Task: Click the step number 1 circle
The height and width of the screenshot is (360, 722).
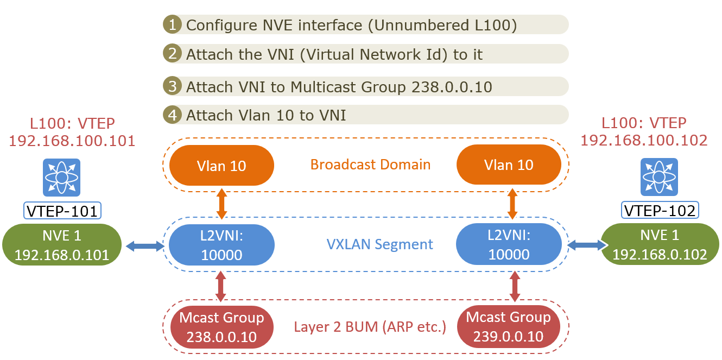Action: (x=172, y=24)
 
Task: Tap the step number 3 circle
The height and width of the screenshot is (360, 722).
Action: (x=172, y=86)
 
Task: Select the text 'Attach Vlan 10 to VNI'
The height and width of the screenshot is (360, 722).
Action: (x=266, y=115)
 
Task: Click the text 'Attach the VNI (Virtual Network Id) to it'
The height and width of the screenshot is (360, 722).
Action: (x=334, y=54)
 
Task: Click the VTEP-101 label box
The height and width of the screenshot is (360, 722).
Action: (x=62, y=210)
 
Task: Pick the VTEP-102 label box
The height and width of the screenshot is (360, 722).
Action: (x=660, y=210)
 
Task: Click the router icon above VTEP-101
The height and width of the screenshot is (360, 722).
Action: (x=62, y=178)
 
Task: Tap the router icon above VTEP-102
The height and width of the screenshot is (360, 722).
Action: (x=659, y=178)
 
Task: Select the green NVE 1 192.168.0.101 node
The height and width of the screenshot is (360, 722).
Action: (x=62, y=245)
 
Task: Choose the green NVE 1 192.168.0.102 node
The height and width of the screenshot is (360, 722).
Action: (x=660, y=245)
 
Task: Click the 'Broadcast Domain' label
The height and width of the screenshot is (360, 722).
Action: (x=370, y=165)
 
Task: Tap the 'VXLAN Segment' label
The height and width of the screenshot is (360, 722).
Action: (x=380, y=244)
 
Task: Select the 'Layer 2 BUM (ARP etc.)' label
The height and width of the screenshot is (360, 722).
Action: (x=370, y=327)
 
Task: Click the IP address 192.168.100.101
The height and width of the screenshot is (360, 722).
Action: (x=72, y=141)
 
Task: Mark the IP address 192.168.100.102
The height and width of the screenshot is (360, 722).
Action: (x=644, y=140)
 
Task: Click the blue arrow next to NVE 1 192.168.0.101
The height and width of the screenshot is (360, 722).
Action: (x=144, y=247)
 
